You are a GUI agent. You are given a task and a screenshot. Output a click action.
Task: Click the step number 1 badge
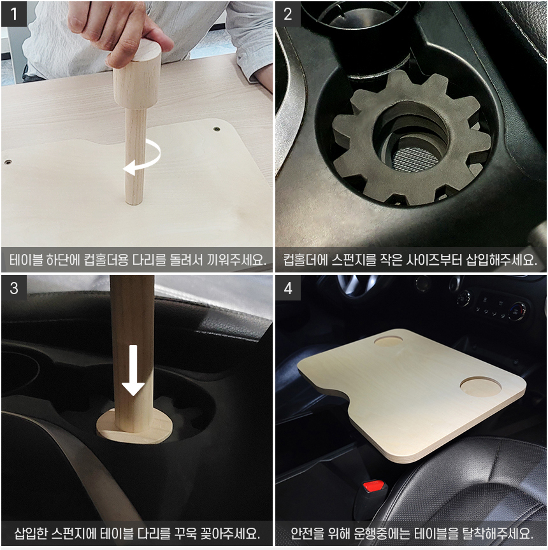pos(14,14)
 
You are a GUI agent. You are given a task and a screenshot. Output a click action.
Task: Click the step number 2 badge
pos(288,14)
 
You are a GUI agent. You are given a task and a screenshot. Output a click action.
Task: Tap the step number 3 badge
pos(14,288)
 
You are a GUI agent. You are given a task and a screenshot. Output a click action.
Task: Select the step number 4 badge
pos(288,288)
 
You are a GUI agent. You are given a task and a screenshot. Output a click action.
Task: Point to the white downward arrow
pos(133,370)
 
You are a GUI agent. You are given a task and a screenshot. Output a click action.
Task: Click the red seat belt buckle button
pos(373,486)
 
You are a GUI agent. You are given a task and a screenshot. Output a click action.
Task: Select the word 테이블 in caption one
pos(26,260)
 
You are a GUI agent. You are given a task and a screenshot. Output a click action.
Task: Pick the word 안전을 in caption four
pos(308,533)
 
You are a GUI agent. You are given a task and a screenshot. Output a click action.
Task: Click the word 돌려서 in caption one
pos(186,260)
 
